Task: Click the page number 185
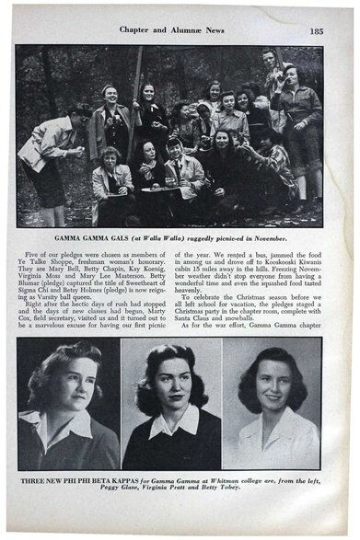[316, 29]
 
